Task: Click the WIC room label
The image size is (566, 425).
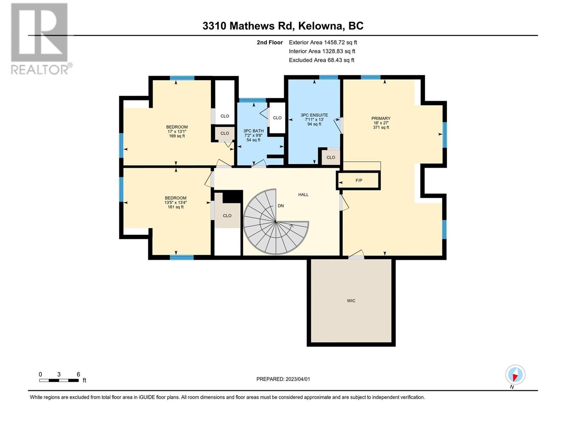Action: pos(351,301)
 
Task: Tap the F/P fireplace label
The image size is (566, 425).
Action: pos(359,180)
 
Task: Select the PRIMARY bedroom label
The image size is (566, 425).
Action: pos(381,118)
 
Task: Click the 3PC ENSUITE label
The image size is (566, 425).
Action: pos(314,115)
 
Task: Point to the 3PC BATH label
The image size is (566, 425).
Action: pos(253,131)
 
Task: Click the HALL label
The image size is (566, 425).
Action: pos(303,194)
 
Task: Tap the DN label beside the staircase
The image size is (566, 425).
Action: pos(281,206)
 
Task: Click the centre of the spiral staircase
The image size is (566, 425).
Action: pos(276,222)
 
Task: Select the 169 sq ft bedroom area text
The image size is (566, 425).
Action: pos(177,136)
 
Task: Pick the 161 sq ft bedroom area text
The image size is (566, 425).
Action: pos(175,207)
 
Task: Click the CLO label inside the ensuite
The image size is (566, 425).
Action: pos(331,157)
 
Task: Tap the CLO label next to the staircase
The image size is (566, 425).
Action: pos(227,215)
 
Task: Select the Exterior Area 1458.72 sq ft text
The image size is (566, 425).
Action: pos(323,42)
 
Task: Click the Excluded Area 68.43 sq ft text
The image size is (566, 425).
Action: pos(321,60)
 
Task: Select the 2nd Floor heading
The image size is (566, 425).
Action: pos(270,42)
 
